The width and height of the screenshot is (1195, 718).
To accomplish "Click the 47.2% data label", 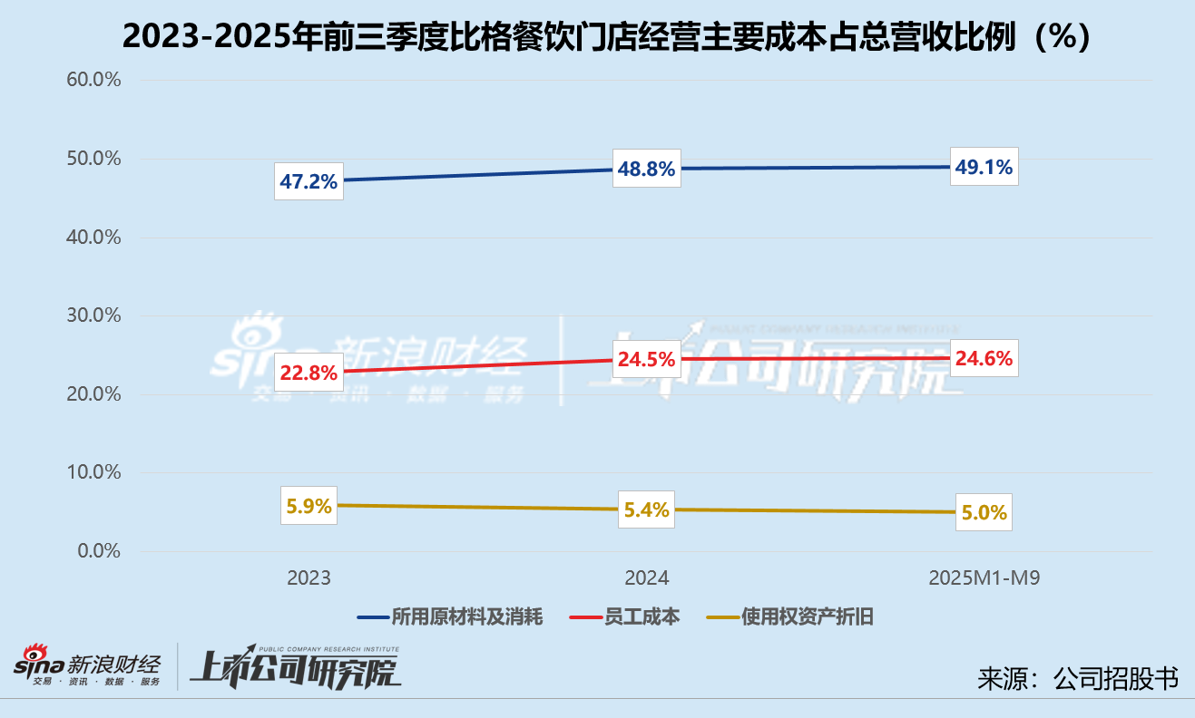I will point(309,181).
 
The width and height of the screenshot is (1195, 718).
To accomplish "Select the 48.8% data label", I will point(646,169).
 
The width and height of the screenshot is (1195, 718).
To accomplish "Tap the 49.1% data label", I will point(984,167).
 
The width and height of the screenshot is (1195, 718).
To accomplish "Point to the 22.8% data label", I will point(309,372).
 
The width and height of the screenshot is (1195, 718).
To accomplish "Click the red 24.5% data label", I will point(646,359).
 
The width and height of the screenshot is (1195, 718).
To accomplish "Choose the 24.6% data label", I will point(984,358).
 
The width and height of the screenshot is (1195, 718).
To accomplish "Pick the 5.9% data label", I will point(309,506).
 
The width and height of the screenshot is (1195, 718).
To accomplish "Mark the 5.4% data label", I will point(646,510).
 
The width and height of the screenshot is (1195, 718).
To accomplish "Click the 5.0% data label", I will point(984,512).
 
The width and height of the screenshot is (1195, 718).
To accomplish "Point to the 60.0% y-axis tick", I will point(93,80).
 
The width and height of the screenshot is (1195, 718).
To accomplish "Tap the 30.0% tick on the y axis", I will point(93,315).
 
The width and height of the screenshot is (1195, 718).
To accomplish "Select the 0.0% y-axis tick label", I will point(98,551).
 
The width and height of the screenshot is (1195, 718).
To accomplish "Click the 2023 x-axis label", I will point(309,578).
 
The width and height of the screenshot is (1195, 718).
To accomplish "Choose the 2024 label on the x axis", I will point(646,578).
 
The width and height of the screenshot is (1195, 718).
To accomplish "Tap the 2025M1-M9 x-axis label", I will point(984,578).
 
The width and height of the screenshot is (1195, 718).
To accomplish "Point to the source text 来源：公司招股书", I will point(1078,678).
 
